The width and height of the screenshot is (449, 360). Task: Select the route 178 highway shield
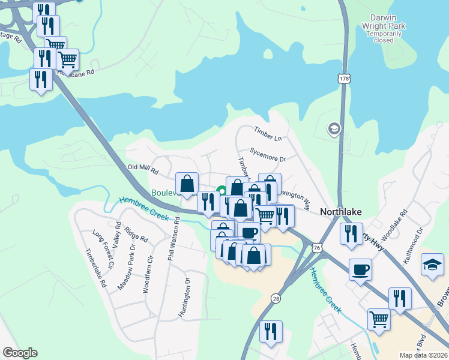coord(343,79)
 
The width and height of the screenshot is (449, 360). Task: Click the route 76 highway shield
coord(317,247)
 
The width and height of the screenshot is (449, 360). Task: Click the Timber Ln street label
coord(267,133)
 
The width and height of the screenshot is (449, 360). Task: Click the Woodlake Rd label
coord(399,224)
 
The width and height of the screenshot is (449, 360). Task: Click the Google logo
coord(20,353)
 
